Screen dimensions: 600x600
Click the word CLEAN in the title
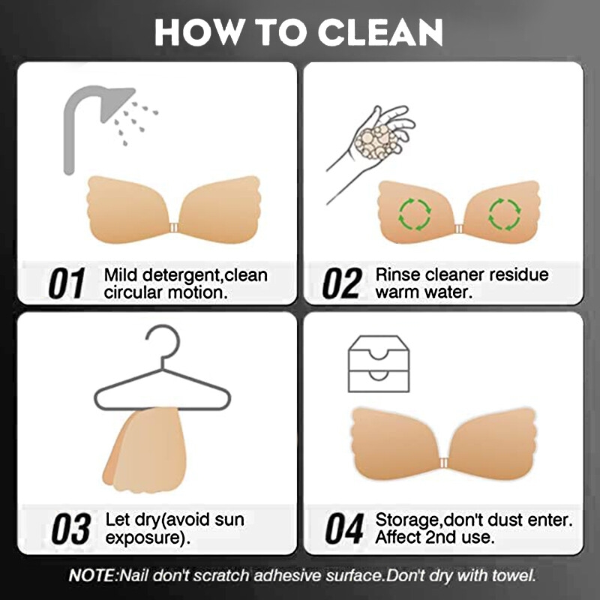pos(380,32)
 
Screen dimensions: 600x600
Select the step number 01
pos(67,283)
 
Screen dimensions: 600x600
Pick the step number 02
pos(342,283)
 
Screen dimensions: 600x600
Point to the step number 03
pos(71,529)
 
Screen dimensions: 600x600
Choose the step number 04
pos(344,529)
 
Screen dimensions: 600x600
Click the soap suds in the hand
pos(376,142)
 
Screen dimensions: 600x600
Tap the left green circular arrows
pos(415,214)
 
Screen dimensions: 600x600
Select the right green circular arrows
pos(505,214)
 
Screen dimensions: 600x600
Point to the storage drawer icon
pos(379,364)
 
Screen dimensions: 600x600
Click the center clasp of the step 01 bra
pos(174,228)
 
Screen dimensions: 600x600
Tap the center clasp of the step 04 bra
pos(443,463)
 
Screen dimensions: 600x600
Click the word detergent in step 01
pos(183,275)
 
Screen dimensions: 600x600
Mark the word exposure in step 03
pos(142,538)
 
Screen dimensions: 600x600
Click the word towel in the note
pos(513,575)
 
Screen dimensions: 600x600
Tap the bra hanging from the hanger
pos(145,449)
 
